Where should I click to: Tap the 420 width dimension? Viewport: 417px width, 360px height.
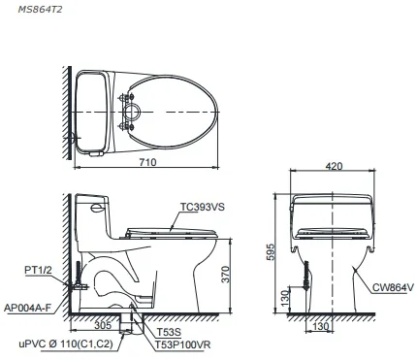335,167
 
